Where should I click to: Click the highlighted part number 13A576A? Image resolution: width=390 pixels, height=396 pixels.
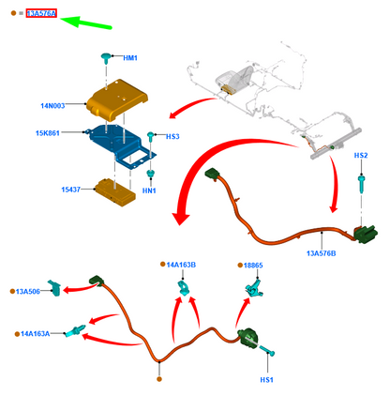click(x=41, y=13)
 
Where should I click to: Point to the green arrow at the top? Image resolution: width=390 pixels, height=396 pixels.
click(x=86, y=23)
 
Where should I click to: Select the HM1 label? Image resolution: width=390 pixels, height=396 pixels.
click(x=130, y=58)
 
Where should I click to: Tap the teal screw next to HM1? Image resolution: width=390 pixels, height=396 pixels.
click(x=106, y=58)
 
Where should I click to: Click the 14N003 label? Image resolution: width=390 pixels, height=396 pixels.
click(x=52, y=106)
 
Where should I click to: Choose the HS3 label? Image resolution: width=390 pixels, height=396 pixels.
click(x=172, y=137)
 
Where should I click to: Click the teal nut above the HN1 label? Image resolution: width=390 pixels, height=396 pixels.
click(x=151, y=174)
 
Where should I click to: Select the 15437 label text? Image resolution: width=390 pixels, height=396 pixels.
click(x=70, y=190)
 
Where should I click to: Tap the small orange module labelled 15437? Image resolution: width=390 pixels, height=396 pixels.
click(x=115, y=192)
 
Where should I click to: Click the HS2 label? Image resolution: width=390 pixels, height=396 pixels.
click(x=361, y=156)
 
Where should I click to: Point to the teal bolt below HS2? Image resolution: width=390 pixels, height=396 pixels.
click(x=361, y=184)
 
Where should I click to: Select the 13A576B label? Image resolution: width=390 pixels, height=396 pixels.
click(x=322, y=253)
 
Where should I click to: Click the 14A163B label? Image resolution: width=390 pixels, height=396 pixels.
click(x=181, y=265)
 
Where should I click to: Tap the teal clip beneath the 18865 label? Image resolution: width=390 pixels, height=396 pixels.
click(x=254, y=289)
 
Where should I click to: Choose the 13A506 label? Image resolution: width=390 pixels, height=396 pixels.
click(x=28, y=292)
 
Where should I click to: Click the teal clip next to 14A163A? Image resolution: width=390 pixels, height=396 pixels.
click(x=75, y=330)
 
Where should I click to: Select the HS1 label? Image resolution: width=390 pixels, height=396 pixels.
click(x=266, y=380)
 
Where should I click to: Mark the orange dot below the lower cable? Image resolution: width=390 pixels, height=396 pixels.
click(x=159, y=379)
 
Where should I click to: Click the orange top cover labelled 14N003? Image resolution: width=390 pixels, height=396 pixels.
click(x=116, y=99)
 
